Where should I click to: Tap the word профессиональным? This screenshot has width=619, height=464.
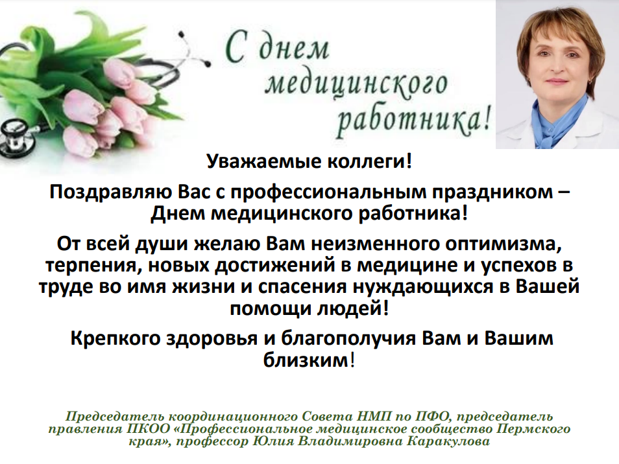pyautogui.click(x=328, y=192)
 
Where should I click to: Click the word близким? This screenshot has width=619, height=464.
pyautogui.click(x=306, y=360)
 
